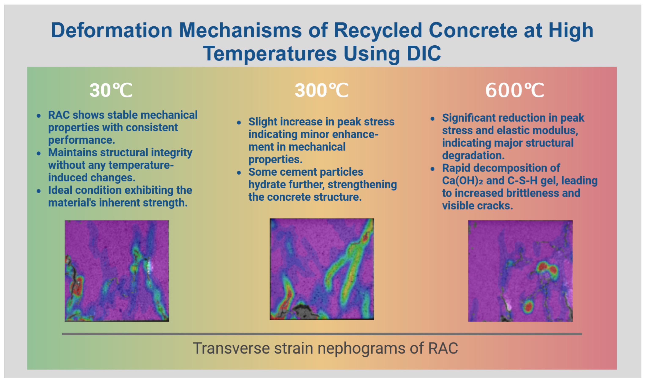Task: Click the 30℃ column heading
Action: click(111, 90)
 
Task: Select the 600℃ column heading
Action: click(514, 90)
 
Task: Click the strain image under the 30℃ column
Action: click(117, 271)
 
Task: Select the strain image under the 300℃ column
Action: click(322, 269)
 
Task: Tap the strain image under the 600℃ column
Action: click(520, 271)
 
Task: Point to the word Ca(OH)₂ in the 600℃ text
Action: click(462, 181)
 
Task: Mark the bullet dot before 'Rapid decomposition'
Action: click(433, 169)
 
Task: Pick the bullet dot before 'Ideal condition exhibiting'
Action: click(38, 191)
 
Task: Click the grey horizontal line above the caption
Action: click(322, 334)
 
